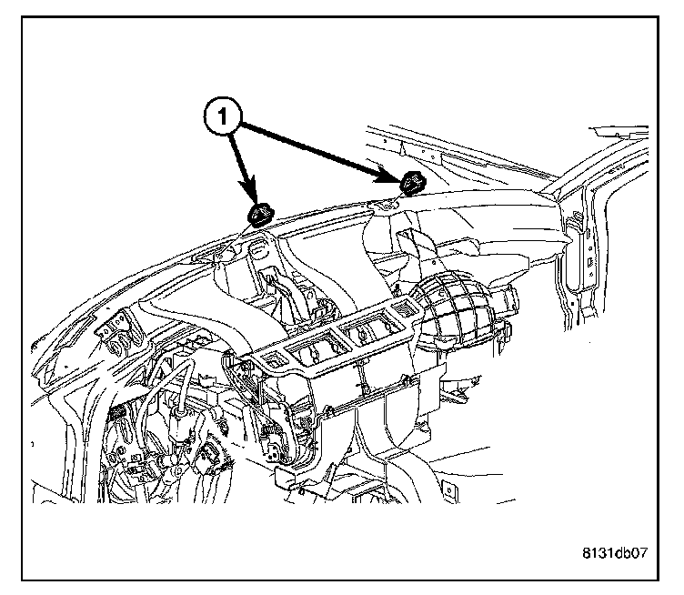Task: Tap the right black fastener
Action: [411, 182]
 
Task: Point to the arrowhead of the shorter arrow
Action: [252, 198]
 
